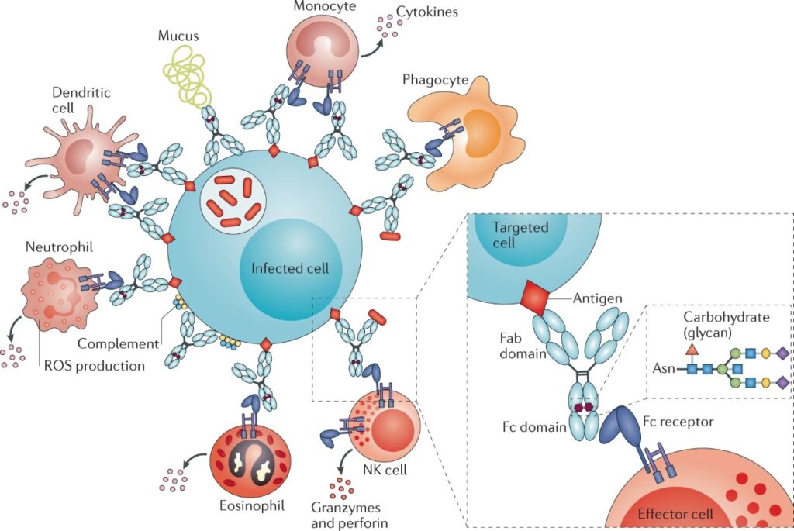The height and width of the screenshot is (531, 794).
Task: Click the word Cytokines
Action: pyautogui.click(x=425, y=12)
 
